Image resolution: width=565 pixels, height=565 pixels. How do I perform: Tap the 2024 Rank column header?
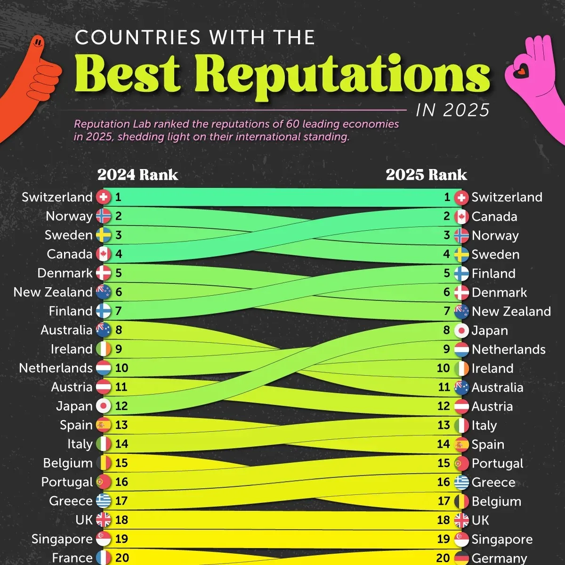[137, 175]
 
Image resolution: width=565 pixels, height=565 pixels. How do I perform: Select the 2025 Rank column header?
[426, 175]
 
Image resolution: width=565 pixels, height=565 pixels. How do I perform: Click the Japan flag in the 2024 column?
[104, 406]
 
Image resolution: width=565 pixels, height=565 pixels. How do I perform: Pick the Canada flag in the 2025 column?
[461, 217]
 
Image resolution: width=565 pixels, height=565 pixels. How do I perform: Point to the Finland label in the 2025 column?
[493, 274]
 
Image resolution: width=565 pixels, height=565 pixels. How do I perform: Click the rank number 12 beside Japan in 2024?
[121, 406]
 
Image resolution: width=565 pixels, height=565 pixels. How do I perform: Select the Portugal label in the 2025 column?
[497, 463]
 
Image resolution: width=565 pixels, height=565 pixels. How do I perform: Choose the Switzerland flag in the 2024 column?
[104, 197]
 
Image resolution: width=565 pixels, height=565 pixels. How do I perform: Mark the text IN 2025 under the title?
[452, 110]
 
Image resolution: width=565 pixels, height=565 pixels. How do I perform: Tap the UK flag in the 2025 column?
[461, 520]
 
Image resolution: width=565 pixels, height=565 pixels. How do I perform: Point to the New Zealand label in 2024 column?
[53, 292]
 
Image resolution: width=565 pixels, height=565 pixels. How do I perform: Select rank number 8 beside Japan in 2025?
[447, 330]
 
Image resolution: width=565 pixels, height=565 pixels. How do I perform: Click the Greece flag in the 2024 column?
[104, 501]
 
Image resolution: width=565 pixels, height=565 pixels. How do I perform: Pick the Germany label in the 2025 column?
[499, 558]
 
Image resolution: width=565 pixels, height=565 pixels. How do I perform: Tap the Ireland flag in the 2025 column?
[461, 369]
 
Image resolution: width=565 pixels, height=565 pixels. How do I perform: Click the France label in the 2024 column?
[72, 558]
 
